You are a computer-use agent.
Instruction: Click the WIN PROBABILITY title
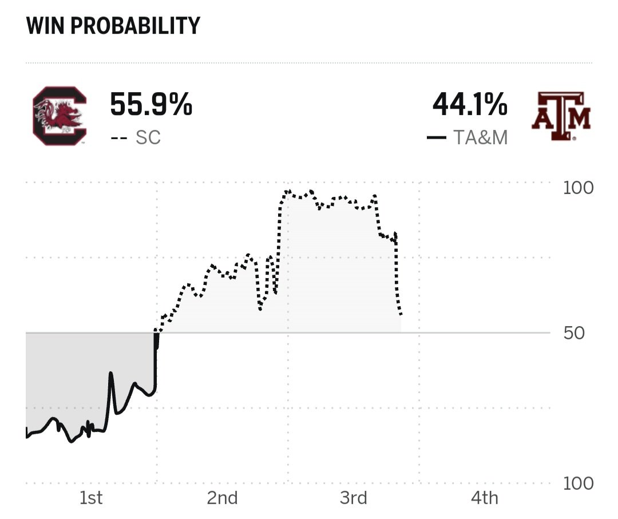pos(113,26)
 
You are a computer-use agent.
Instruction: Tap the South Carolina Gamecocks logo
pos(60,116)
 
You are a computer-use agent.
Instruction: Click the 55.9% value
pos(150,104)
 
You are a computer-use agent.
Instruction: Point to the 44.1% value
pos(469,104)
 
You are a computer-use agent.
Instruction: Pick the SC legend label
pos(148,138)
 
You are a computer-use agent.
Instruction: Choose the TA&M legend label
pos(480,138)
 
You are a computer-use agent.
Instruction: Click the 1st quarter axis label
pos(91,498)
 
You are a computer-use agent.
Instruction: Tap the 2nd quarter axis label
pos(222,498)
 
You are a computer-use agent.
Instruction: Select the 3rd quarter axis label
pos(353,498)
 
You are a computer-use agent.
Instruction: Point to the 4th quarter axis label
pos(484,498)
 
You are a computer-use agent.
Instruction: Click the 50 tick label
pos(574,333)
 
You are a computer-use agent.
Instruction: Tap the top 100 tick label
pos(578,188)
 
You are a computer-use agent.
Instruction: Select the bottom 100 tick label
pos(578,484)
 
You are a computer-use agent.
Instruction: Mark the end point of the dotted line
pos(402,315)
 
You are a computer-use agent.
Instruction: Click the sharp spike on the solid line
pos(110,374)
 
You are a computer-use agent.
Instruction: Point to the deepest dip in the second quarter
pos(260,309)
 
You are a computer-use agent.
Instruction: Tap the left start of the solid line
pos(27,437)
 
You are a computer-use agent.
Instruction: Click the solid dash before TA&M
pos(436,138)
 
